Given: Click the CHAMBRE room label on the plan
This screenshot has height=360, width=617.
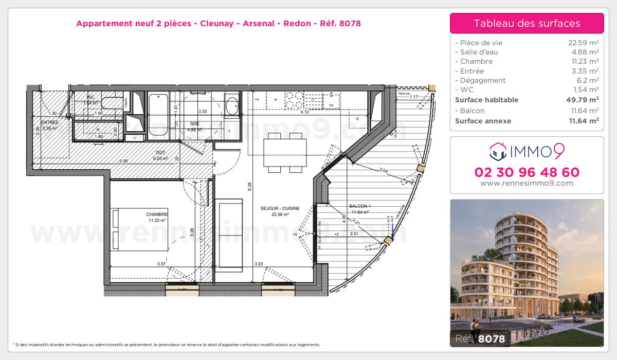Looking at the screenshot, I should (157, 214).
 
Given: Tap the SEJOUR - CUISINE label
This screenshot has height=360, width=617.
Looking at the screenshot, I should (280, 208).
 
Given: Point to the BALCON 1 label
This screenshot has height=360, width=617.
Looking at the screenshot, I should (359, 206).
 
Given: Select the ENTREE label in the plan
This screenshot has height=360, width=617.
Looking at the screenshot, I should (49, 122).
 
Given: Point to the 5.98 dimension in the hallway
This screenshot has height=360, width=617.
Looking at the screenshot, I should (123, 161).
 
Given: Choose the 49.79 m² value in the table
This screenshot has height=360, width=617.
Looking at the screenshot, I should (583, 100).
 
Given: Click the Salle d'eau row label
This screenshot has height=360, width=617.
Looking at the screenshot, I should (479, 52).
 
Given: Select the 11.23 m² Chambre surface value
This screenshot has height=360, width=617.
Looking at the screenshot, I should (583, 61).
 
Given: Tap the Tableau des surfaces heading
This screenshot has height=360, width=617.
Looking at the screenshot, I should (527, 23).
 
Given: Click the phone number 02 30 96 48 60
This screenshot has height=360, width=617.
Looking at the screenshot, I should (527, 172).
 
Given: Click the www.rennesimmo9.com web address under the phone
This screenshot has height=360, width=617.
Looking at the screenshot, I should (527, 183).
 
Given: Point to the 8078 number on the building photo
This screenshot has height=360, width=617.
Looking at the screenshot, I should (492, 338).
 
